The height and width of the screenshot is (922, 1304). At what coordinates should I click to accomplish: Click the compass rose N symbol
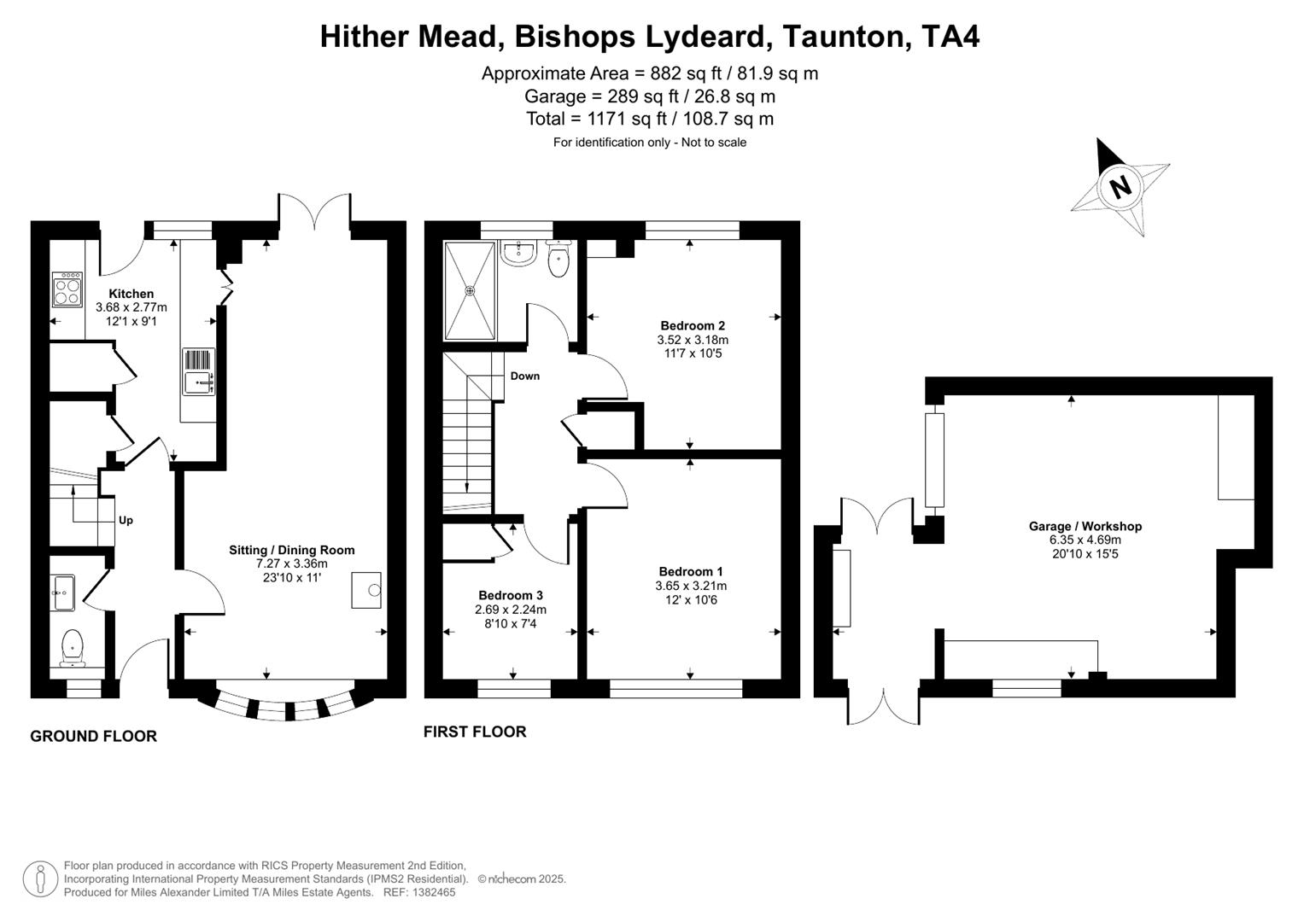pyautogui.click(x=1120, y=186)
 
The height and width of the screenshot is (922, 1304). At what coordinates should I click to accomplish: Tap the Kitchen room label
pyautogui.click(x=131, y=294)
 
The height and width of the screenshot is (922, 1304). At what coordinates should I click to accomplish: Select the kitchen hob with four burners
pyautogui.click(x=67, y=289)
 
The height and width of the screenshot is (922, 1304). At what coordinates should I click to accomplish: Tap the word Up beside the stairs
pyautogui.click(x=126, y=520)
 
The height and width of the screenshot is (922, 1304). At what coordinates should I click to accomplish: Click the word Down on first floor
pyautogui.click(x=524, y=376)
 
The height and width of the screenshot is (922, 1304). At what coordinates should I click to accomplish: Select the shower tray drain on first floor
pyautogui.click(x=470, y=290)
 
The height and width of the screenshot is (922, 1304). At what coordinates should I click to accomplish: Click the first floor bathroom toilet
pyautogui.click(x=559, y=260)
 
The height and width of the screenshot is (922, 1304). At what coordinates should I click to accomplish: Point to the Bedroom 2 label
pyautogui.click(x=693, y=325)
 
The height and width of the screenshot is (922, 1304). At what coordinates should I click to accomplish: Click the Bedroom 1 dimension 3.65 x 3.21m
pyautogui.click(x=691, y=586)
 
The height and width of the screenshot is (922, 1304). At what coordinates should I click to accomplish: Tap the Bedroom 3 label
pyautogui.click(x=510, y=595)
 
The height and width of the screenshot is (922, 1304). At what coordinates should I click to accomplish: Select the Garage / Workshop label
pyautogui.click(x=1085, y=526)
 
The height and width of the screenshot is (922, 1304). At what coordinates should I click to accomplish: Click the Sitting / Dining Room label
pyautogui.click(x=291, y=550)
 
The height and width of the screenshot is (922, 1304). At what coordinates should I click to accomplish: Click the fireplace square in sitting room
pyautogui.click(x=366, y=590)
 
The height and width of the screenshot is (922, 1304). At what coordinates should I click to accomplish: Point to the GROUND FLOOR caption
pyautogui.click(x=93, y=736)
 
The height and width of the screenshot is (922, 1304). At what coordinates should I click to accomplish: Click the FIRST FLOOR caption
pyautogui.click(x=475, y=732)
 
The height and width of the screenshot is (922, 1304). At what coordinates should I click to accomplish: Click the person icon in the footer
pyautogui.click(x=40, y=878)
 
